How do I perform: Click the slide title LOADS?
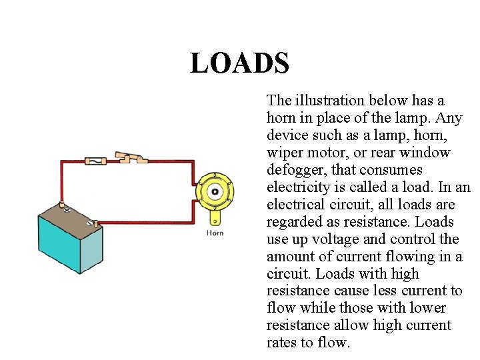(239, 63)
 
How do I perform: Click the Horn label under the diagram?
(215, 233)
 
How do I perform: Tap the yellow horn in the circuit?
(214, 191)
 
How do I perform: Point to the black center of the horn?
(215, 191)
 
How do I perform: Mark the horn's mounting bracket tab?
(215, 217)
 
